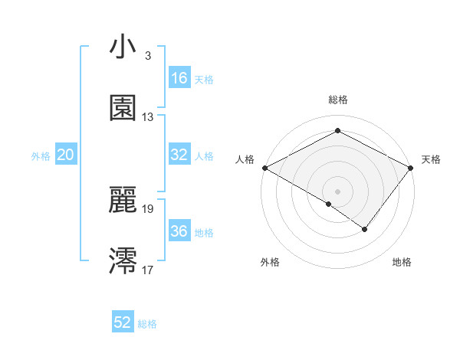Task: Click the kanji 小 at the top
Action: [123, 47]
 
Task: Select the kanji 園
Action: [123, 108]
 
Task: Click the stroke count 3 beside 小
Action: [147, 56]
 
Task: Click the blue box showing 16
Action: [179, 78]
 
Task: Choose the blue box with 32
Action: [179, 155]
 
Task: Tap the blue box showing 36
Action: [179, 231]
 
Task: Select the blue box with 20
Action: [66, 155]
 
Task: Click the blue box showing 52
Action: [123, 322]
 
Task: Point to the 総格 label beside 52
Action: [147, 324]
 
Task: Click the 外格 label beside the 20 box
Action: [41, 156]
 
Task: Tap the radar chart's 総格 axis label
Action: [337, 100]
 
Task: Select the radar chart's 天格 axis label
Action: [431, 159]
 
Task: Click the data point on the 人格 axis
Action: [264, 167]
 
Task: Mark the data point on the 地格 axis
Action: [365, 229]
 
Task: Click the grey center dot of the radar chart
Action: [337, 191]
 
